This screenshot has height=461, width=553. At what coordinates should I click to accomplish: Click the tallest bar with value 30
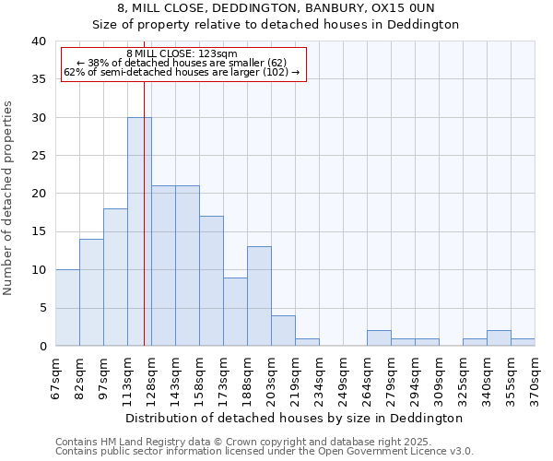click(x=139, y=231)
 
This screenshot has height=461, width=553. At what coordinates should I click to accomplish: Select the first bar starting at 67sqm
click(x=67, y=308)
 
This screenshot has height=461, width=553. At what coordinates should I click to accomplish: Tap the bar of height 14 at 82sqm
click(x=91, y=292)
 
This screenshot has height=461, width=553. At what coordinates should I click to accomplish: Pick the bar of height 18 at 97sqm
click(x=115, y=278)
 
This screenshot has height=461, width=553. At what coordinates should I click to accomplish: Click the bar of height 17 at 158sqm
click(x=211, y=281)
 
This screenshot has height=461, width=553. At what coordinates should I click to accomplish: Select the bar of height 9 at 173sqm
click(x=235, y=312)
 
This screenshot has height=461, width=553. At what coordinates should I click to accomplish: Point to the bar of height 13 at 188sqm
click(x=259, y=296)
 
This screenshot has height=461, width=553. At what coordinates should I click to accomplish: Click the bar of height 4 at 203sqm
click(x=283, y=331)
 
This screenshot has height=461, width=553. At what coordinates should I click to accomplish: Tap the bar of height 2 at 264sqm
click(x=379, y=338)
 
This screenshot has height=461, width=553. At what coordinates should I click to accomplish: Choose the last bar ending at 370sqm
click(x=523, y=342)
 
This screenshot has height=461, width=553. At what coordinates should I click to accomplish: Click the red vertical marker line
click(x=144, y=212)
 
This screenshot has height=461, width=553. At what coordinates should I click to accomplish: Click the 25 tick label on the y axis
click(x=38, y=156)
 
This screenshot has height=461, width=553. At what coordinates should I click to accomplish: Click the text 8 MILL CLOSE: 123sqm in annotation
click(x=182, y=53)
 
